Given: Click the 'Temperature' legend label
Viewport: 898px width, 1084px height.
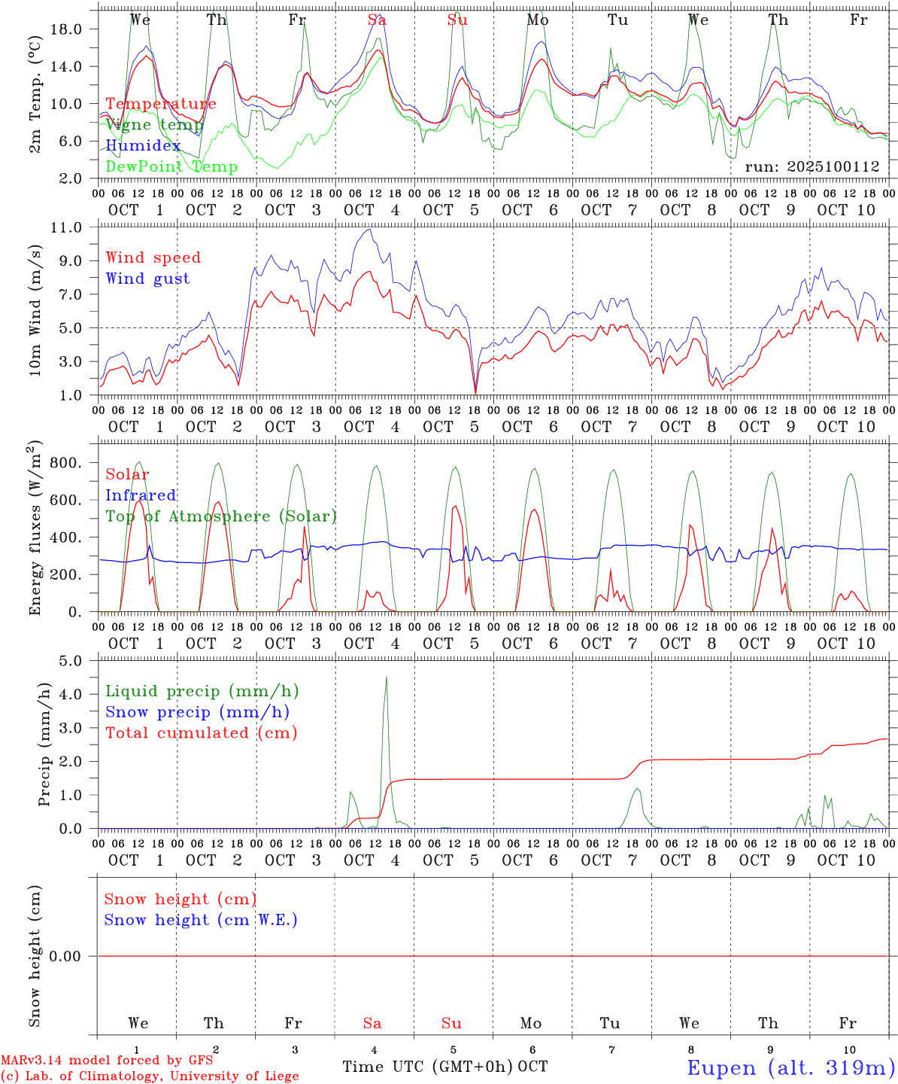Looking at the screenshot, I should (x=161, y=104).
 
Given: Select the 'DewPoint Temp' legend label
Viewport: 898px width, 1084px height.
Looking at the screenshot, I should (x=171, y=167).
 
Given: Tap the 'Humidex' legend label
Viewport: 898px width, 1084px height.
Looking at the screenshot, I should (x=143, y=146).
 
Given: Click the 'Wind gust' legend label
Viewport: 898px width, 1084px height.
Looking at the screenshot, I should (x=147, y=279).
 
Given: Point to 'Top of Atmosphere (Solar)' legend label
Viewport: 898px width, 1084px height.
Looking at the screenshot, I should (x=220, y=516).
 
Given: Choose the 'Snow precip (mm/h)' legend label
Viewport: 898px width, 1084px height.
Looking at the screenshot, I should (x=197, y=712).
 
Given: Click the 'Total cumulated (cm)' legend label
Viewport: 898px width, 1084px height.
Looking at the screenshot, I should (x=201, y=733).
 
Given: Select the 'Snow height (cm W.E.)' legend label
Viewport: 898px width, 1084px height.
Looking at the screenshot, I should (x=200, y=920).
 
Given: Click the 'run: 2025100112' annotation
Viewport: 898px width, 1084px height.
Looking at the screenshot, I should (x=812, y=167).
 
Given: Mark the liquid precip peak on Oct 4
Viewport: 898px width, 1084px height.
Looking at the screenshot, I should (x=387, y=677).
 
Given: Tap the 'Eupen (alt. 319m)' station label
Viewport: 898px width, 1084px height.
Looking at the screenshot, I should (x=790, y=1067).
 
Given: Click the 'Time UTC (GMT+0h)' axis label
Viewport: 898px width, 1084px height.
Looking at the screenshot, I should (x=428, y=1067).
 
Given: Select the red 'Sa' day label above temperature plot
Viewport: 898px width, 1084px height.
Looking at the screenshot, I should (x=377, y=20).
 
